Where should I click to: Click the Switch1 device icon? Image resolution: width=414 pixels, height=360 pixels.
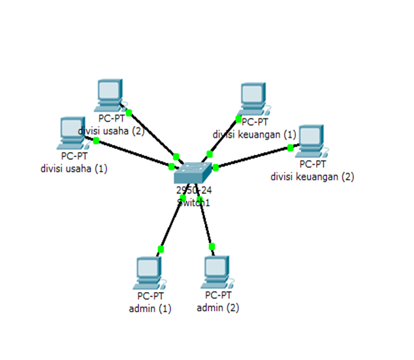click(193, 173)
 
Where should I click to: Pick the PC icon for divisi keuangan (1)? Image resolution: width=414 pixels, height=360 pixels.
click(253, 99)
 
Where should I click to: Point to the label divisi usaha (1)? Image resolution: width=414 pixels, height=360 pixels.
click(74, 169)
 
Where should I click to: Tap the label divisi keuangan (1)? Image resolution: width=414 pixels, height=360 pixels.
click(254, 134)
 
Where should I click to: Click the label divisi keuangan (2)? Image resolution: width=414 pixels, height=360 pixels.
click(312, 176)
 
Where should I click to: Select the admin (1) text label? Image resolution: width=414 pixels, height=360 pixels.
click(150, 308)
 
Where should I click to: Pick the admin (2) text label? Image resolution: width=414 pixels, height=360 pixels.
click(217, 307)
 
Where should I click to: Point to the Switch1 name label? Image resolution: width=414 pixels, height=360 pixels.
click(193, 203)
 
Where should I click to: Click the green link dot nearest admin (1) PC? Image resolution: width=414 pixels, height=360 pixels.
click(161, 249)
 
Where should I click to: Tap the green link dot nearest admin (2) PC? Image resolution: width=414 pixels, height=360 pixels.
click(212, 246)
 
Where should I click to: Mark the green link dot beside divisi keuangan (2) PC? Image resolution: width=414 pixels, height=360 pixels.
click(290, 148)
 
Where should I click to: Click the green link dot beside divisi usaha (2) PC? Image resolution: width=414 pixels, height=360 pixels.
click(129, 113)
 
